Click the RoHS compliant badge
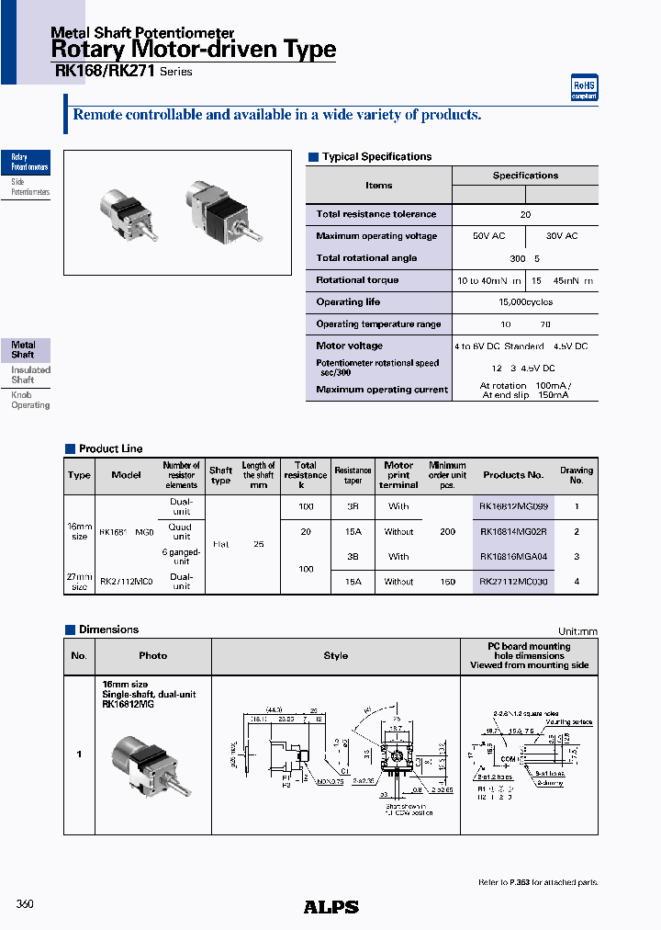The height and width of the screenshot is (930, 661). point(585,87)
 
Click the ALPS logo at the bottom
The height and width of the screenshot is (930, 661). point(330,907)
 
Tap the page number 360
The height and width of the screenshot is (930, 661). point(25,904)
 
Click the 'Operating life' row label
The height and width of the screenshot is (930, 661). point(348,302)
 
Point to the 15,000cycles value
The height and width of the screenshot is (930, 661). point(525,302)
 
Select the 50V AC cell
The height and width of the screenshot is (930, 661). point(488,236)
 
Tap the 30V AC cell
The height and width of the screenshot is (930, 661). point(562,236)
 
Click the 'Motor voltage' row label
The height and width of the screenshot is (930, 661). point(349,346)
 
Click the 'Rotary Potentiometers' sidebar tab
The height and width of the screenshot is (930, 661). point(28,164)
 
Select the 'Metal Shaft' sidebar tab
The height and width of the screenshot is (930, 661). point(25,350)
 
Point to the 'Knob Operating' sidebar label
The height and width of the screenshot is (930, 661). point(29,400)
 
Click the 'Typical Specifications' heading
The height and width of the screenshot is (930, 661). point(376,157)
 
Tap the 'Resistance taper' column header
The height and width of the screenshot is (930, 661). point(353,475)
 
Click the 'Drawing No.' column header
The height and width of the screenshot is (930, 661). point(577,475)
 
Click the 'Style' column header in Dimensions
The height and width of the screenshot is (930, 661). point(336,656)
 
